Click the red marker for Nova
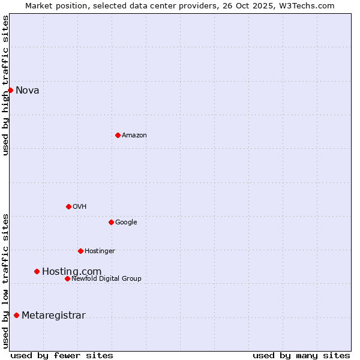[x=10, y=90]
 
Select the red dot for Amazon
[x=118, y=135]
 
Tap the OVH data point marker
[x=68, y=206]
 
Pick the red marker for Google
[x=111, y=222]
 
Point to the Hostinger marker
[x=80, y=251]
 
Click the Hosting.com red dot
[x=37, y=271]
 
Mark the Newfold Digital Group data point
[x=67, y=278]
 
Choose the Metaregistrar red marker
[x=16, y=315]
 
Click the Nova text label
[x=28, y=91]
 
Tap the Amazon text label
[x=134, y=136]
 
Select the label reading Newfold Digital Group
[x=106, y=278]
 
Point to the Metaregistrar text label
[x=53, y=316]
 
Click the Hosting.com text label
[x=71, y=272]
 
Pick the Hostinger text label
[x=100, y=251]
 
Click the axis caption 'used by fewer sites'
[x=62, y=355]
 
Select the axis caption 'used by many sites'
[x=301, y=355]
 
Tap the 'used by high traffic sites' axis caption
[x=5, y=85]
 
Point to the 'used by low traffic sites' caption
[x=5, y=280]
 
